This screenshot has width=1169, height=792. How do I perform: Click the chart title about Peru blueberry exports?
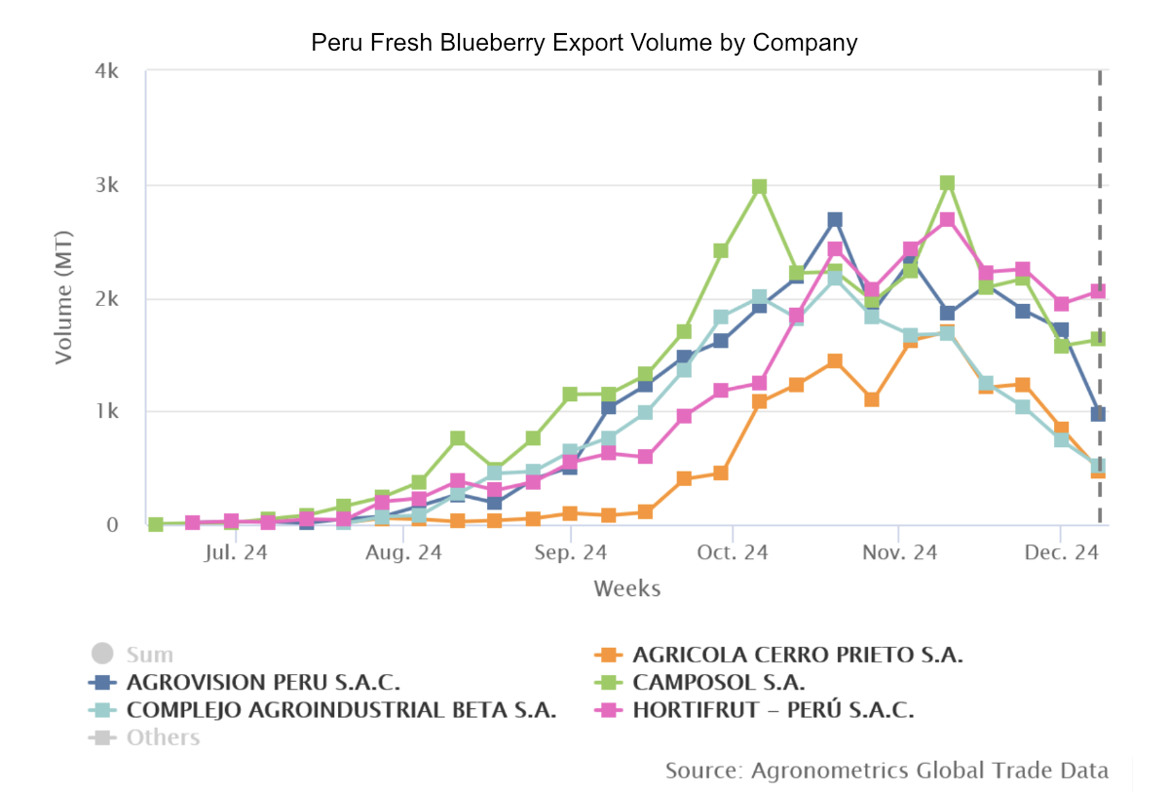coord(584,43)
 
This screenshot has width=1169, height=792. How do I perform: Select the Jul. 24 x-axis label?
coord(236,552)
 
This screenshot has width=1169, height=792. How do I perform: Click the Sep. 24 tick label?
coord(571,552)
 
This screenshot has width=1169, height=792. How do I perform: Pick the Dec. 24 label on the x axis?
coord(1063,552)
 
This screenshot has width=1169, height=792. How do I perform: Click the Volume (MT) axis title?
coord(64,297)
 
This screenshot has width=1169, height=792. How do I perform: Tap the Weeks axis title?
coord(626,588)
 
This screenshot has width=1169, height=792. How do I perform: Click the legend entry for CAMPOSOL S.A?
coord(718,682)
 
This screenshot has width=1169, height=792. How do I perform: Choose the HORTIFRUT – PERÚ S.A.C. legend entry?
coord(773,710)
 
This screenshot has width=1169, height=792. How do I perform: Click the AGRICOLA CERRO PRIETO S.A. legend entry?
coord(797,655)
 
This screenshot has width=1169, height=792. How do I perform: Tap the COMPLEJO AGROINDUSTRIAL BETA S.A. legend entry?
coord(341,710)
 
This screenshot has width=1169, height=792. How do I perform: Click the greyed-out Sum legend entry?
coord(149,655)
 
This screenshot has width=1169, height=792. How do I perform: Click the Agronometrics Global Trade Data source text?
coord(886,771)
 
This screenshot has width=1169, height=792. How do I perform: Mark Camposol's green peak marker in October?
coord(760,187)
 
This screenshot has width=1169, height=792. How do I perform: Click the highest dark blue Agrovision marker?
coord(835,220)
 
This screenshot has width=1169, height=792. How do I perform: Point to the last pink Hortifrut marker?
coord(1098,291)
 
